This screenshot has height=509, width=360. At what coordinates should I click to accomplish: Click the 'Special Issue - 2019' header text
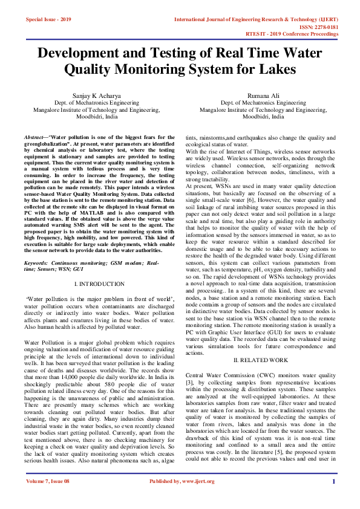coord(48,19)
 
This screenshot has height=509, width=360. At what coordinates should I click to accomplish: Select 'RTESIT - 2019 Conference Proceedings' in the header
coord(301,34)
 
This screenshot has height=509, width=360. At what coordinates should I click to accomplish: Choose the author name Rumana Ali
coord(263,96)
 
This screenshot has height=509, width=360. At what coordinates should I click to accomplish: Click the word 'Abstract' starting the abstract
coord(34,138)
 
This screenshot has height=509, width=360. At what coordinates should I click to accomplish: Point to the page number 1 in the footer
coord(333,498)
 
